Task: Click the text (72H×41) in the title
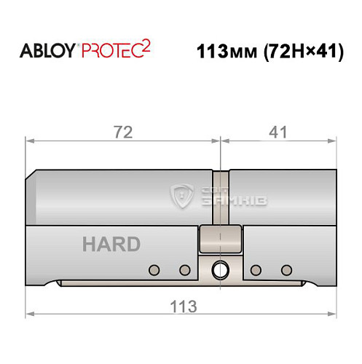coord(298,53)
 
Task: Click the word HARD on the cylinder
coord(111,244)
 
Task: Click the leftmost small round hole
coord(153,271)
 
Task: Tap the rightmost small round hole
coord(286,271)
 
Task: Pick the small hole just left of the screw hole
coord(184,271)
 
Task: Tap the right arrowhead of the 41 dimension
coord(337,138)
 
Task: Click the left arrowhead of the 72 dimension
coord(29,138)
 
